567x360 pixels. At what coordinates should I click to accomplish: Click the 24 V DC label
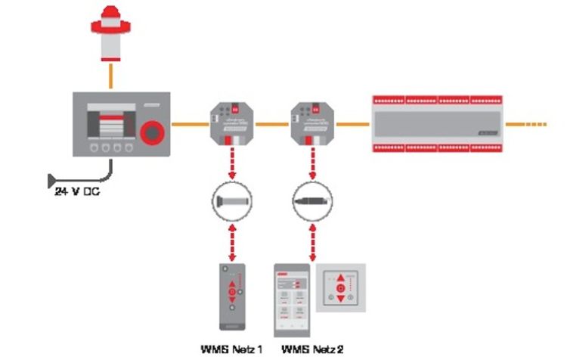[x=76, y=193]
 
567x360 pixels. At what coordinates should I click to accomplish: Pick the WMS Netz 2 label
[x=312, y=349]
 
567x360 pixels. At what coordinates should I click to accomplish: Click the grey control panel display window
[x=110, y=123]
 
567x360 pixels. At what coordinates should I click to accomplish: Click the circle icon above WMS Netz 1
[x=231, y=203]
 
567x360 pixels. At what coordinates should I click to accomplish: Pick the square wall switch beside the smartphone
[x=340, y=288]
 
